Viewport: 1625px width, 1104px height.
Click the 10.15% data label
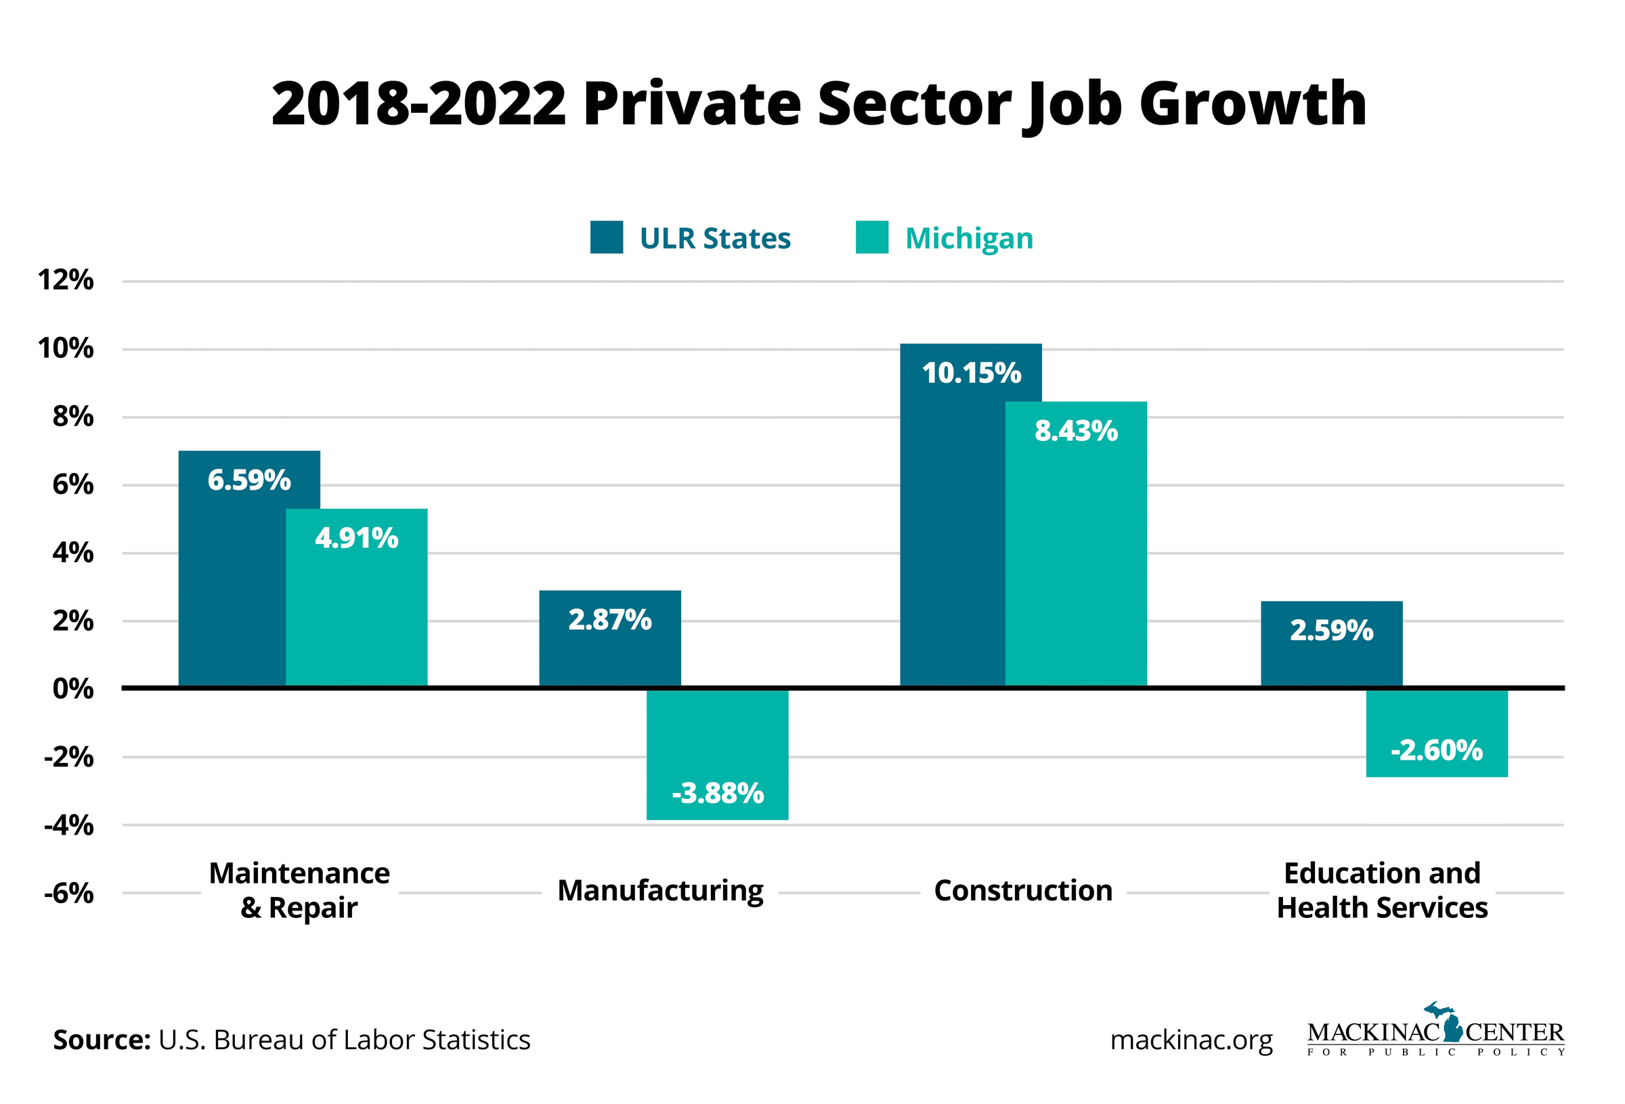(971, 373)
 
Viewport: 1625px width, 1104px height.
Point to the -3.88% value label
(718, 793)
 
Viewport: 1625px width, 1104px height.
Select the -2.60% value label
(1436, 750)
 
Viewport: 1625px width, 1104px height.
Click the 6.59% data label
(249, 481)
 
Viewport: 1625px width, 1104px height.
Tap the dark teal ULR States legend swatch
(606, 237)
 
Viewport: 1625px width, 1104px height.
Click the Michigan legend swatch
(872, 237)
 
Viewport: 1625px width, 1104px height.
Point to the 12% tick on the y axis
(66, 281)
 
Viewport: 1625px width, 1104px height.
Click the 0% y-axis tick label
(72, 689)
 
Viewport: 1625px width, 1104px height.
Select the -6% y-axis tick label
(68, 893)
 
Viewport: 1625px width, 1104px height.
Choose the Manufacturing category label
(660, 891)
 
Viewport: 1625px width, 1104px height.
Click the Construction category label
(1023, 891)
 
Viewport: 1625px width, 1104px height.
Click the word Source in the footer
(102, 1040)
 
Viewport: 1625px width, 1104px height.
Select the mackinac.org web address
(1191, 1040)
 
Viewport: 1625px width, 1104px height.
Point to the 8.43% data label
(1076, 431)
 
